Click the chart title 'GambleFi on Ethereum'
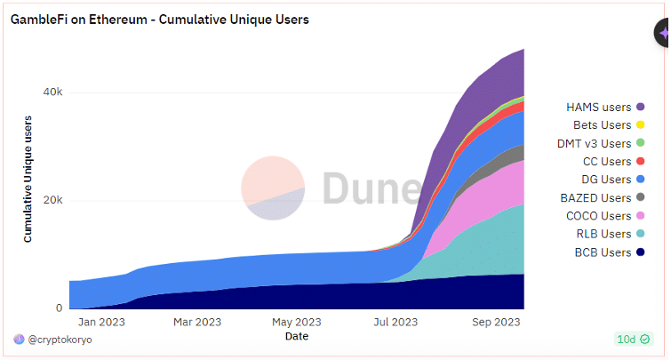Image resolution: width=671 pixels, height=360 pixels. point(79,20)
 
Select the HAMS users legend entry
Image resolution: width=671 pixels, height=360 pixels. point(605,107)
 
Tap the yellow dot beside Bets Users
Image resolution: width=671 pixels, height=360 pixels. point(640,125)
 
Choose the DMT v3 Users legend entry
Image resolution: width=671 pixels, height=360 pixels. point(601,143)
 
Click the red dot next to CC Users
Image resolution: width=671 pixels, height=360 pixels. point(640,162)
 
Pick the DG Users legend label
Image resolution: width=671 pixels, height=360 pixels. point(606,180)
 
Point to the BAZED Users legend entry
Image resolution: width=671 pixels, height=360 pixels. point(602,197)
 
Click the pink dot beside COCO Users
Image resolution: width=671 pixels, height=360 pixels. point(640,216)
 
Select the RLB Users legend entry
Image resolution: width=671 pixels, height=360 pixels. point(611,234)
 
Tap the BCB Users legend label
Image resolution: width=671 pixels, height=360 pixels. point(603,252)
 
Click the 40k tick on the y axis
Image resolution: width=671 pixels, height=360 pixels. point(52,92)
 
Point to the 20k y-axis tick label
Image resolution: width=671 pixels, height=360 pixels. point(52,200)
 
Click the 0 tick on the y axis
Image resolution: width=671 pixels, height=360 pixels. point(59,308)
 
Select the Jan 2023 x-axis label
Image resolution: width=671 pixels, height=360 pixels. point(101,322)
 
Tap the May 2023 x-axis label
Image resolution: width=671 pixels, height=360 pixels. point(297,322)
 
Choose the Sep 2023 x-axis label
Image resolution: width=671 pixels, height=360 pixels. point(496,322)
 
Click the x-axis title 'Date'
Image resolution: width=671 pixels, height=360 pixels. point(297,337)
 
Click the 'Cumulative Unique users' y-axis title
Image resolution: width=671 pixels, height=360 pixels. point(28,179)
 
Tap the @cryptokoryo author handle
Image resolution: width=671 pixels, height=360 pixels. point(60,340)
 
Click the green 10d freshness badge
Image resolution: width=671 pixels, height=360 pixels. point(634,340)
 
